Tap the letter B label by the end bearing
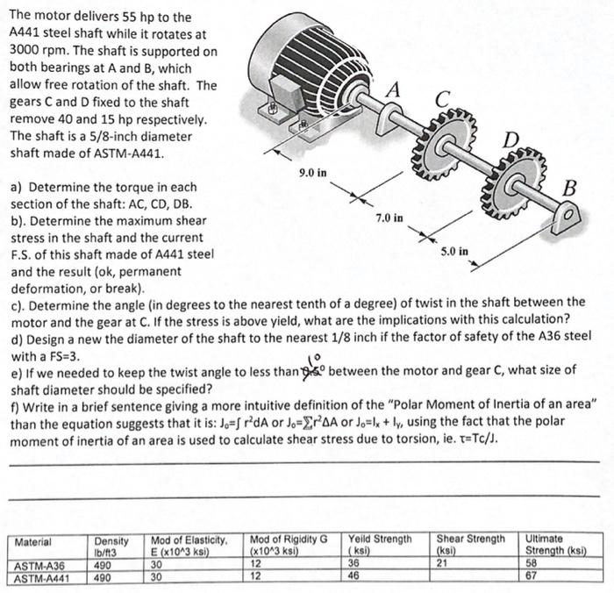pyautogui.click(x=569, y=187)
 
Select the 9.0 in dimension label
pyautogui.click(x=313, y=173)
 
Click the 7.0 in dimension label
pyautogui.click(x=389, y=217)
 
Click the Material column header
pyautogui.click(x=32, y=542)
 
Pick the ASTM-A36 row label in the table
pyautogui.click(x=39, y=566)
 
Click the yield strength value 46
pyautogui.click(x=354, y=577)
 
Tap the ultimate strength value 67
pyautogui.click(x=532, y=577)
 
